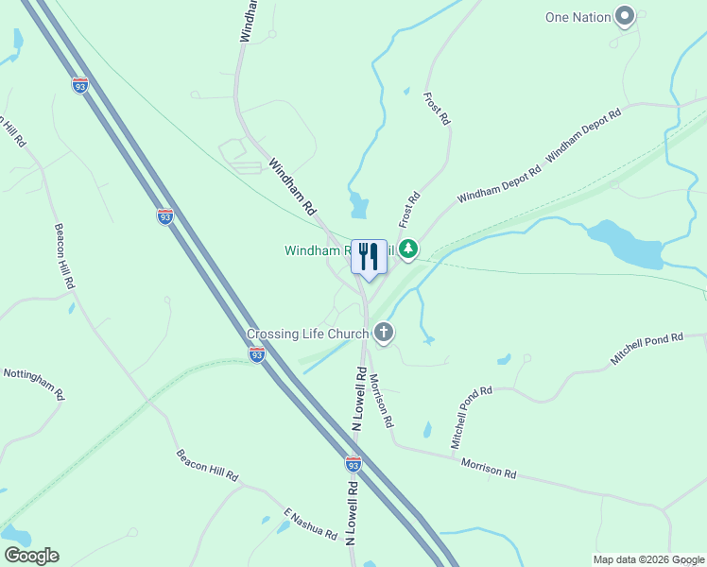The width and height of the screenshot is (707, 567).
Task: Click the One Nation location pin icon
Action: click(x=624, y=16)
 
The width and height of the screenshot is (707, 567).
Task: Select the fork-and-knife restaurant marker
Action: click(x=370, y=257)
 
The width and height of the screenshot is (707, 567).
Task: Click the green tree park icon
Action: click(x=408, y=249)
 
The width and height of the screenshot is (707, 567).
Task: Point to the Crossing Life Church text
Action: click(x=308, y=334)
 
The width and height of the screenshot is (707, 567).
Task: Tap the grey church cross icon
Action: click(x=384, y=331)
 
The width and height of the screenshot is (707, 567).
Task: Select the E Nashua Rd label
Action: click(x=310, y=524)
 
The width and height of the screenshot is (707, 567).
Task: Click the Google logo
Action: click(x=30, y=556)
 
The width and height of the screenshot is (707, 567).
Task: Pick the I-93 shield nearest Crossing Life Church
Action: click(x=257, y=353)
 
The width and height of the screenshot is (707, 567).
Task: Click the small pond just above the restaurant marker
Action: click(x=357, y=204)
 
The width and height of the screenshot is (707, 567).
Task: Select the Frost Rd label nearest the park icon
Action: click(x=408, y=211)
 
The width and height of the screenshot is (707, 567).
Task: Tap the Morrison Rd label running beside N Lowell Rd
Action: click(x=380, y=399)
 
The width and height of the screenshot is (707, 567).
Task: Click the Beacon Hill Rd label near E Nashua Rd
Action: click(x=207, y=465)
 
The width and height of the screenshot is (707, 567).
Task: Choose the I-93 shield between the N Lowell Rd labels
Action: click(x=353, y=464)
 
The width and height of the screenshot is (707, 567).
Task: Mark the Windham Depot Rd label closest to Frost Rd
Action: click(x=499, y=184)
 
